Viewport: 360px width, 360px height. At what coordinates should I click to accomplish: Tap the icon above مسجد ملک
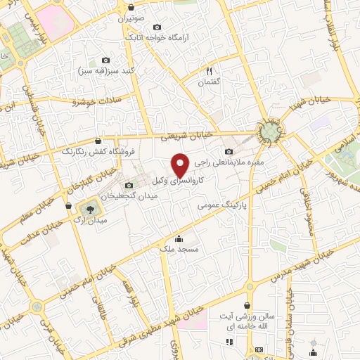(x=180, y=238)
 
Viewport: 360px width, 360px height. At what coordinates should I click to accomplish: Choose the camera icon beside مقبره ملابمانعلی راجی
(x=228, y=152)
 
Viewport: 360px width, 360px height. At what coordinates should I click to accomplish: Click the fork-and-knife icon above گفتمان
(x=209, y=70)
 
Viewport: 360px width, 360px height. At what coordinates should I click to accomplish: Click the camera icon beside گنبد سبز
(x=105, y=60)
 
